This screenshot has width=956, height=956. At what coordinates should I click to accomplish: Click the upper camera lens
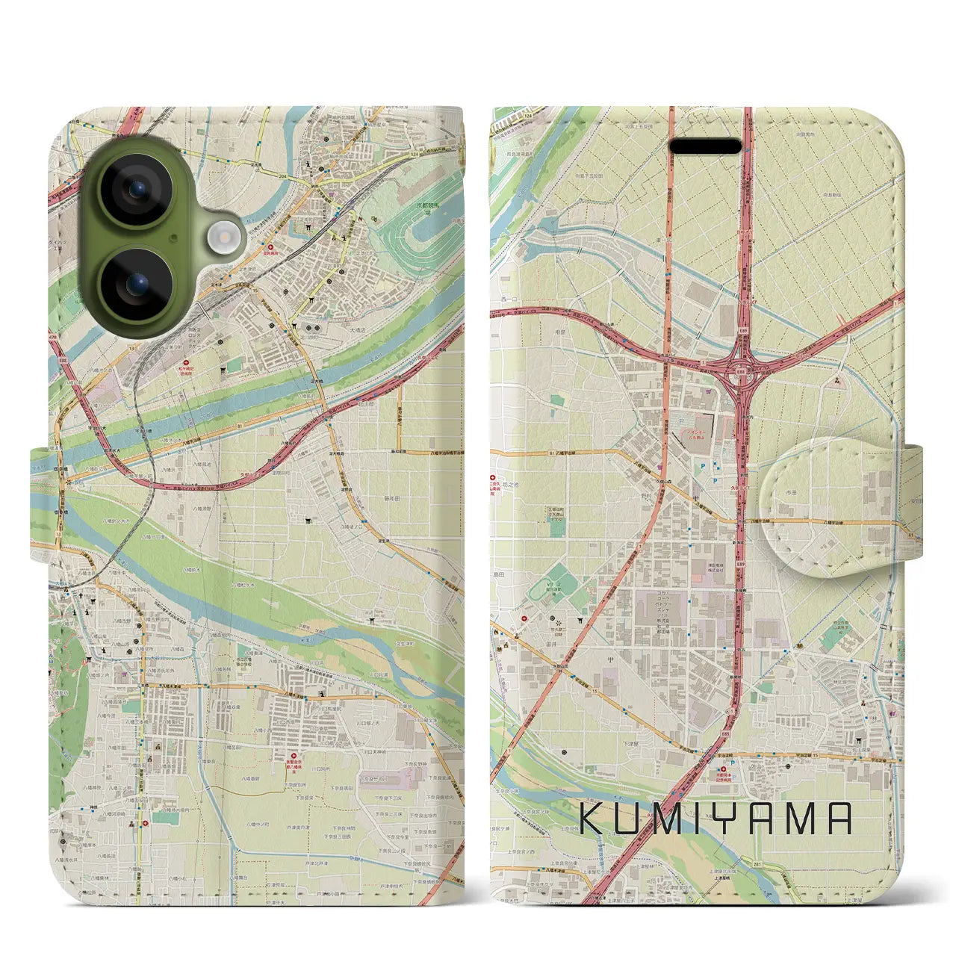click(x=137, y=188)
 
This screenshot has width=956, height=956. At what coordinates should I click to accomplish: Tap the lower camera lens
click(x=137, y=283)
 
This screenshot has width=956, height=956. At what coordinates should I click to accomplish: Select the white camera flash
click(x=220, y=237)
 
